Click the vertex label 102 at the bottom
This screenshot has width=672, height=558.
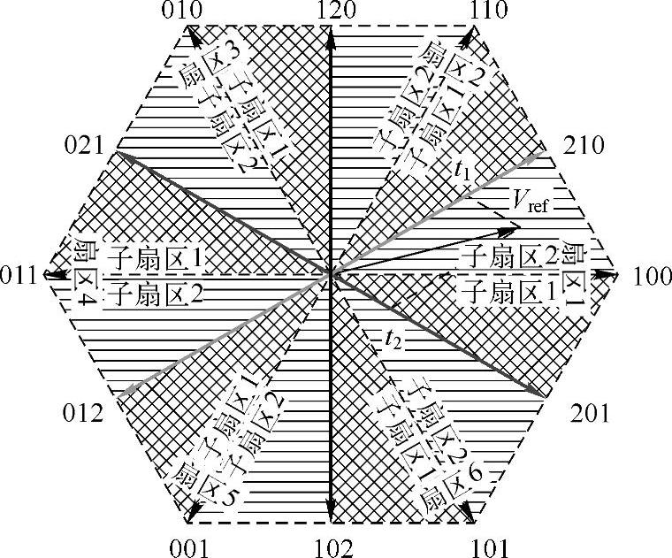[332, 546]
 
